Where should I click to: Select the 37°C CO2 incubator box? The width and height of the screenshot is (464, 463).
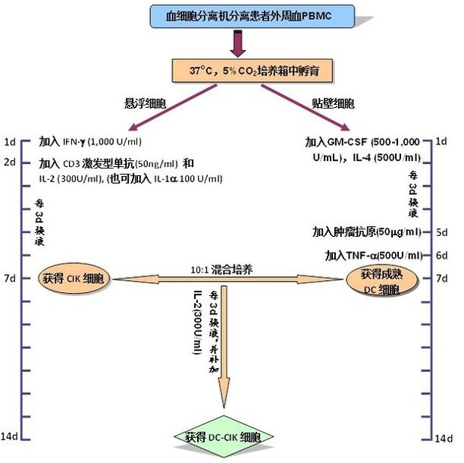[235, 72]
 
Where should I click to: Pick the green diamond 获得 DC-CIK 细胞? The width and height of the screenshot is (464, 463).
[223, 438]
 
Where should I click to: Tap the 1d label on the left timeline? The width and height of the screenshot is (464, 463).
[10, 142]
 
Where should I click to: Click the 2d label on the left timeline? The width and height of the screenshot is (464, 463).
[10, 162]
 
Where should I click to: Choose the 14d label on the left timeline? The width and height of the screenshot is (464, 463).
[11, 437]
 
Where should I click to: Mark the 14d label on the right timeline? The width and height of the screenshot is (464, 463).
[444, 438]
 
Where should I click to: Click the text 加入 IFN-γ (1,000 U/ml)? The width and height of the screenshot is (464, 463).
[91, 142]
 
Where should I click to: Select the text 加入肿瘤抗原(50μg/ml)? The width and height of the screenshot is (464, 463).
[366, 231]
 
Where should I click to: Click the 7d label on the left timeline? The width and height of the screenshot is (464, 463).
[10, 279]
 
